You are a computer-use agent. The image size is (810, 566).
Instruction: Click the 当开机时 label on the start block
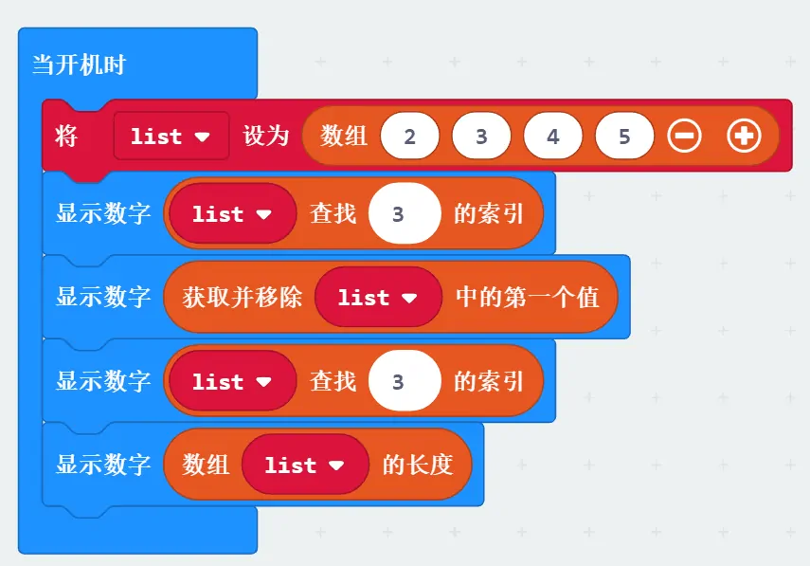pos(79,64)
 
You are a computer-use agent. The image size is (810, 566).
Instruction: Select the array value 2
pos(409,136)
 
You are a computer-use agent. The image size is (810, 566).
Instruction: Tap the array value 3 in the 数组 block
pos(481,136)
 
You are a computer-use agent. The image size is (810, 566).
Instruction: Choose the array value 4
pos(552,136)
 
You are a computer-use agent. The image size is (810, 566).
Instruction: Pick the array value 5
pos(624,136)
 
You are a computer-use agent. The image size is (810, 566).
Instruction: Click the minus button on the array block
pos(684,136)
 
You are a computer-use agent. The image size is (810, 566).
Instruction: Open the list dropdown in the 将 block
pos(171,136)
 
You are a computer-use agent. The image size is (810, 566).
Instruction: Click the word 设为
pos(266,136)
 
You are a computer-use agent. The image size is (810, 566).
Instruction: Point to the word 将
pos(66,136)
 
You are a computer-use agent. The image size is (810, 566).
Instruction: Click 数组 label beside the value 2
pos(344,136)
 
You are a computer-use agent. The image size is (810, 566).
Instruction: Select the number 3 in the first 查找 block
pos(405,213)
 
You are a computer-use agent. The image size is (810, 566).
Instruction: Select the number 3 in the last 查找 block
pos(405,381)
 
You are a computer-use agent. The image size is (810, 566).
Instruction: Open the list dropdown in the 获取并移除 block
pos(378,297)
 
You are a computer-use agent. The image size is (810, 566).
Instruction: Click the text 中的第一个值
pos(527,297)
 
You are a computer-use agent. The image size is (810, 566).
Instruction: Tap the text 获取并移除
pos(243,297)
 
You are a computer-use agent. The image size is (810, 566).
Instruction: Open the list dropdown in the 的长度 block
pos(305,465)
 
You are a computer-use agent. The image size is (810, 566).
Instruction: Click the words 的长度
pos(418,465)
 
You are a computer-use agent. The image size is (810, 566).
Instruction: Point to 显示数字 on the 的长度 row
pos(103,465)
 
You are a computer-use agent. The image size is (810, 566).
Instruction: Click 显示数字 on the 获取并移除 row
pos(103,297)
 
